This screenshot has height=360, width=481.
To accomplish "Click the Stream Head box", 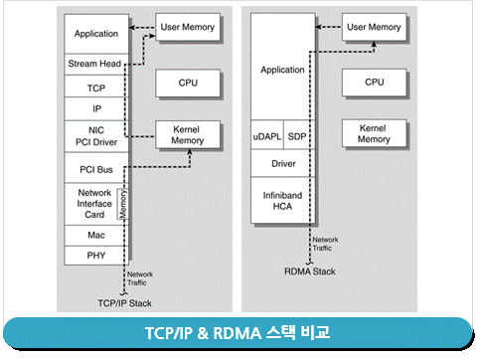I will pyautogui.click(x=96, y=65).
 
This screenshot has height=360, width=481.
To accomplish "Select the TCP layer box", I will pyautogui.click(x=96, y=87).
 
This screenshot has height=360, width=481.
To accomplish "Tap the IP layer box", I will pyautogui.click(x=96, y=107).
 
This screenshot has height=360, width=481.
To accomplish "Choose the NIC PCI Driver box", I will pyautogui.click(x=96, y=134).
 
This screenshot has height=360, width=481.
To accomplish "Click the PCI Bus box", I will pyautogui.click(x=96, y=168).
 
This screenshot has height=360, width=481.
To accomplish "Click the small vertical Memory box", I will pyautogui.click(x=123, y=204).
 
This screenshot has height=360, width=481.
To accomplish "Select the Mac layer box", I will pyautogui.click(x=96, y=235).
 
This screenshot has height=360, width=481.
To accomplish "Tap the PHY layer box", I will pyautogui.click(x=96, y=256).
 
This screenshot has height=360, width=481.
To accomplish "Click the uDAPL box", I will pyautogui.click(x=267, y=134).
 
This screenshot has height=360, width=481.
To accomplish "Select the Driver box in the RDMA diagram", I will pyautogui.click(x=283, y=163).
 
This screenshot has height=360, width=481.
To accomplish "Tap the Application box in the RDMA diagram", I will pyautogui.click(x=283, y=71).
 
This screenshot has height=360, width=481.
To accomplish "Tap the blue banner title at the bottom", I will pyautogui.click(x=240, y=333).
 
